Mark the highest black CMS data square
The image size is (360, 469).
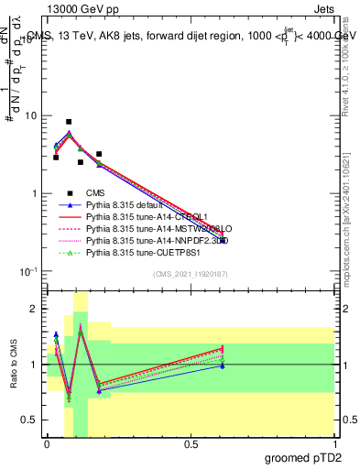click(x=69, y=122)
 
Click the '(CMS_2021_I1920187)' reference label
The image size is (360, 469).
click(x=190, y=273)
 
